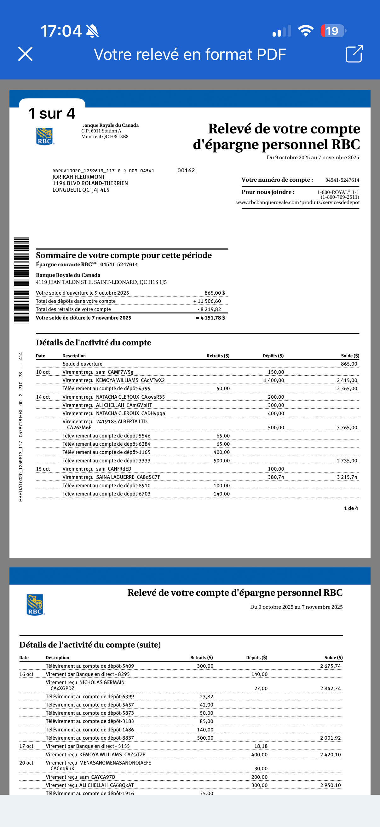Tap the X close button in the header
pos(25,54)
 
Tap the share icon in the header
pos(354,54)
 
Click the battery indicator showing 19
pos(333,31)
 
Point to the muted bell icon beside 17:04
pos(92,31)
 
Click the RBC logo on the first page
pos(44,137)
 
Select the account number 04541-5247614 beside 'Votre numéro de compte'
pos(342,180)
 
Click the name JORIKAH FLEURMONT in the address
pos(78,177)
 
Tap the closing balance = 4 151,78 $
pos(210,318)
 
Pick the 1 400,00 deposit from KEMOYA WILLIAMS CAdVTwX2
pos(273,380)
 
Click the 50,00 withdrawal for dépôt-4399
pos(223,389)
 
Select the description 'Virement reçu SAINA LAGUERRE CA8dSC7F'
pos(111,477)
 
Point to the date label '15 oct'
pos(43,469)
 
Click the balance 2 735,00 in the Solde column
pos(347,461)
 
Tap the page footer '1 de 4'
pos(351,508)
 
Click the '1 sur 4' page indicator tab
pos(52,113)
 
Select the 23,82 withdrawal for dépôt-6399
pos(206,697)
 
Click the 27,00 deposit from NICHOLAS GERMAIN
pos(261,688)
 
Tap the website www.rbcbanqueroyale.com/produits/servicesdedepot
pos(297,202)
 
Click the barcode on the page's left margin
pos(21,281)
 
